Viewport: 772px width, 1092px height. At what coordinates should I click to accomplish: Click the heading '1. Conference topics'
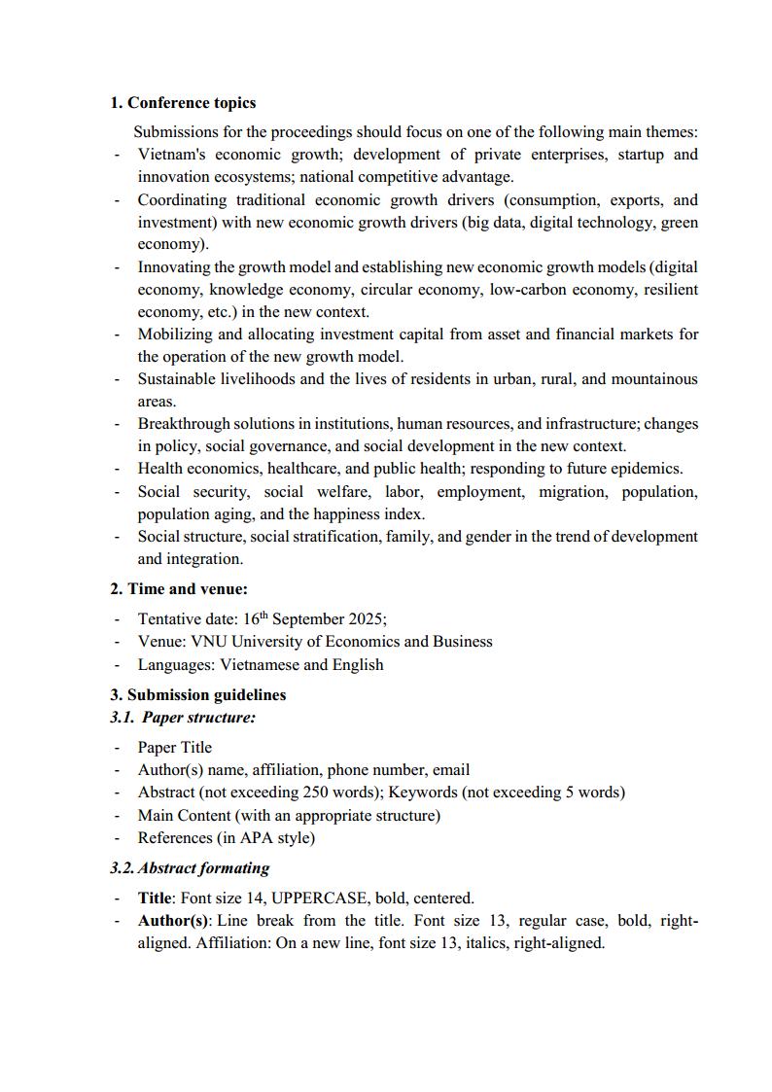183,102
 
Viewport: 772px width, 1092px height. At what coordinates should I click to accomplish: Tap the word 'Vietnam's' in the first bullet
170,155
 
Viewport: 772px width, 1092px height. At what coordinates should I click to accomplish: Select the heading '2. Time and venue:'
178,588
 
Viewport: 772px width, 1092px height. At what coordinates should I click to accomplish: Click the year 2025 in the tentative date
366,619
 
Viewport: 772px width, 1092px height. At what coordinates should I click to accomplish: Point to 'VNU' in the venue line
207,642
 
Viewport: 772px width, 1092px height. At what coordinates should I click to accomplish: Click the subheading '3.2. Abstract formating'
190,868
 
